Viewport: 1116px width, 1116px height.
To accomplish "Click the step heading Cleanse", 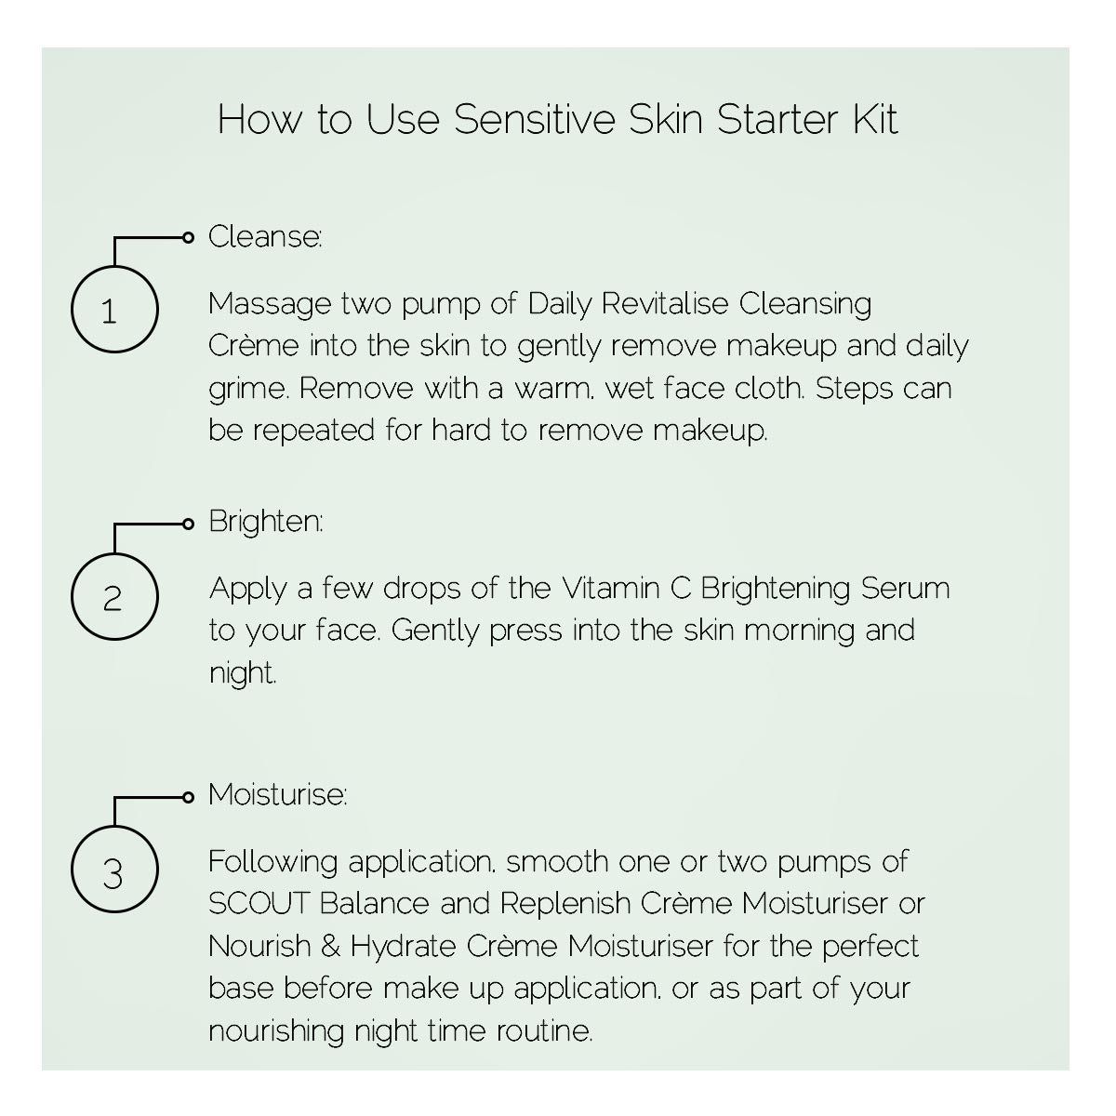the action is click(265, 237).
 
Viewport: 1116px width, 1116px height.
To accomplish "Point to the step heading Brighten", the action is click(266, 522).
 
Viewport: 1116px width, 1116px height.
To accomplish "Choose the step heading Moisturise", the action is click(278, 794).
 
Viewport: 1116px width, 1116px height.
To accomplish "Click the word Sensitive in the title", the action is click(534, 119).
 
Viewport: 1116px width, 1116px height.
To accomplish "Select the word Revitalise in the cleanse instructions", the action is click(664, 303).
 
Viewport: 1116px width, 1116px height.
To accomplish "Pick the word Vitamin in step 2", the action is click(610, 589).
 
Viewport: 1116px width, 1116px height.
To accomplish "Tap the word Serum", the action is click(905, 589).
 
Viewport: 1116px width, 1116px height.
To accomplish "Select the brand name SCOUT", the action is click(259, 903).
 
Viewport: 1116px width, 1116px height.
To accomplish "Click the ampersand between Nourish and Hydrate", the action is click(330, 947).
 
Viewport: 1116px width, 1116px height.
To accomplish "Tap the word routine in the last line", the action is click(544, 1031).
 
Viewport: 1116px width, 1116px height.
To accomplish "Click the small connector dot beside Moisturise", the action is click(188, 797).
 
